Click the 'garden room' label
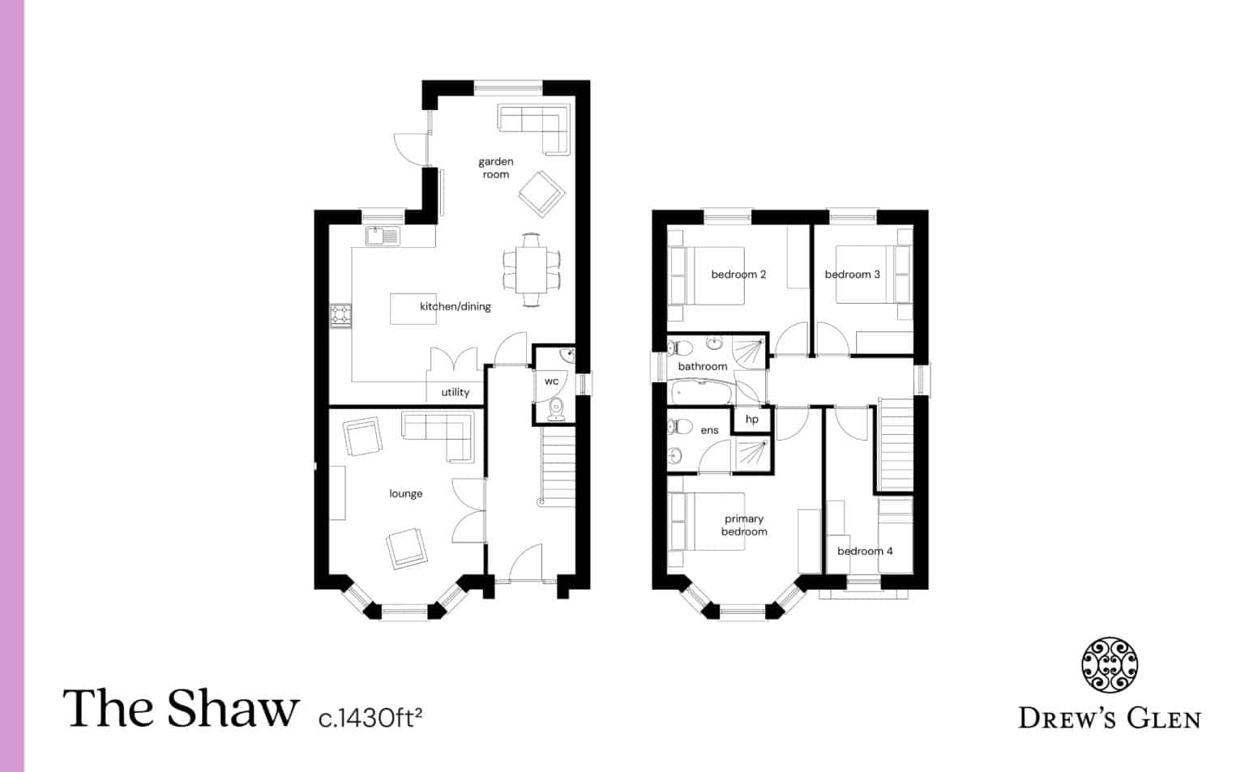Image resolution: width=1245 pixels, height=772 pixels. click(x=495, y=168)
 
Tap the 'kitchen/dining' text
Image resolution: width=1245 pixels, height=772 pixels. click(x=455, y=306)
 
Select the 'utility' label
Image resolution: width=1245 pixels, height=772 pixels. click(x=455, y=392)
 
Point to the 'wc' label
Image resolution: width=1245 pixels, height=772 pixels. click(x=551, y=381)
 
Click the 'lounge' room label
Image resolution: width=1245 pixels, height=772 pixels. click(x=405, y=493)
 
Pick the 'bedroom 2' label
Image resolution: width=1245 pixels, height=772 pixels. click(x=738, y=275)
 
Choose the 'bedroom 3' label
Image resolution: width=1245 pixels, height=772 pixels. click(x=852, y=275)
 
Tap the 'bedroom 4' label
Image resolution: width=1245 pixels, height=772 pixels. click(x=865, y=551)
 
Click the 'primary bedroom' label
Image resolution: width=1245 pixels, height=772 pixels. click(x=744, y=525)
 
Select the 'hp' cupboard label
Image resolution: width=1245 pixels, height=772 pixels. click(x=751, y=419)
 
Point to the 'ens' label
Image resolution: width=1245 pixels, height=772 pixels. click(x=709, y=430)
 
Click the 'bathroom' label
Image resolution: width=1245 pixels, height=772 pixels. click(x=702, y=366)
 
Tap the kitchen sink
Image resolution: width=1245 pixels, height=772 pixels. click(x=383, y=236)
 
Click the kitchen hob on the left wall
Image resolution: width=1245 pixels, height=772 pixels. click(x=340, y=314)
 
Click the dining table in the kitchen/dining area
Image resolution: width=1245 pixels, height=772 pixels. click(x=532, y=270)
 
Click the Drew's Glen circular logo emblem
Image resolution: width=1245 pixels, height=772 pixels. click(x=1110, y=666)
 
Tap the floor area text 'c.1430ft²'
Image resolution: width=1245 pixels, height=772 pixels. click(x=370, y=717)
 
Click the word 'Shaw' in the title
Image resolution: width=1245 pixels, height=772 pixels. click(x=233, y=709)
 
